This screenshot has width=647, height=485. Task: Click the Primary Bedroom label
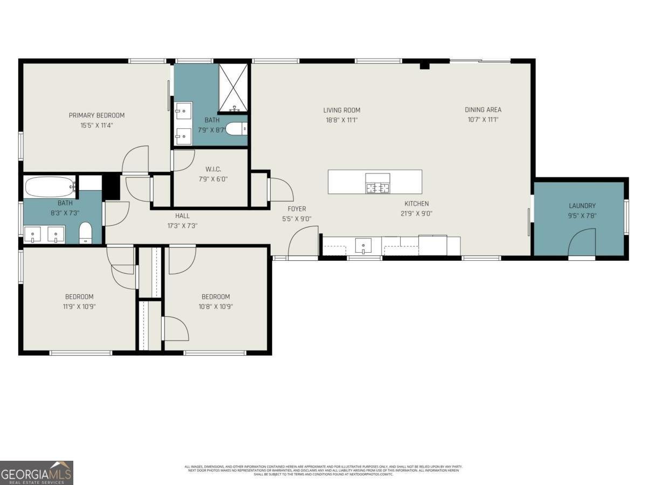(97, 115)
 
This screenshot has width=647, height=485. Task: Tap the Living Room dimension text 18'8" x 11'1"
(341, 120)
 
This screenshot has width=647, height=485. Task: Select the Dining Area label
(483, 110)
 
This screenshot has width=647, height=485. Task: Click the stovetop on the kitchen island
(377, 183)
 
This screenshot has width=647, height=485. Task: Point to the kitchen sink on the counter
(363, 246)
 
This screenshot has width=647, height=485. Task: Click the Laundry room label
(582, 206)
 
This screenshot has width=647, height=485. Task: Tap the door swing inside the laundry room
(582, 242)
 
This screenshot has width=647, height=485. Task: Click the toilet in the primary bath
(236, 129)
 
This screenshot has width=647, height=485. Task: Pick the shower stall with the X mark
(233, 88)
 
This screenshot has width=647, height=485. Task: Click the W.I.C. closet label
(213, 169)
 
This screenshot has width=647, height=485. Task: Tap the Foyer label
(297, 209)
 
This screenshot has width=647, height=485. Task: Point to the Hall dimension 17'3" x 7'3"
(182, 226)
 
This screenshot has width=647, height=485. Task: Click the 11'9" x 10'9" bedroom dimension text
(79, 307)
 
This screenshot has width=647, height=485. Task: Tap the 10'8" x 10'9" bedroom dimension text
(216, 307)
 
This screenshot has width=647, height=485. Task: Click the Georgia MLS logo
(37, 473)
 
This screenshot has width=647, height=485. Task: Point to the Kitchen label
(417, 204)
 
